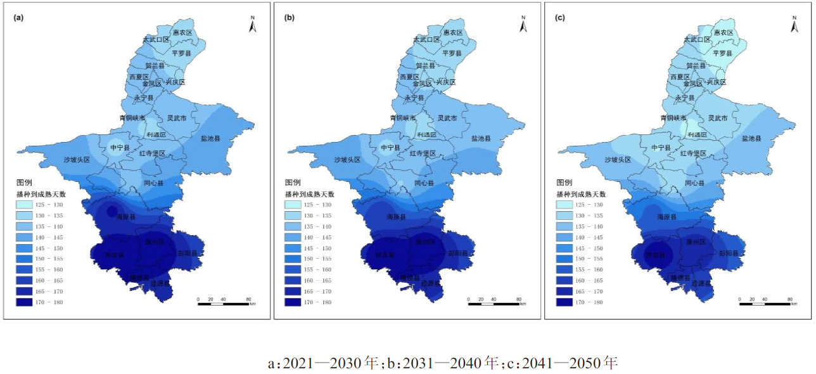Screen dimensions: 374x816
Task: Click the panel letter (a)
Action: [19, 18]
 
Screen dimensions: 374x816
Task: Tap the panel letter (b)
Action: [290, 18]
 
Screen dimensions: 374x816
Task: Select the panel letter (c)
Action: [560, 18]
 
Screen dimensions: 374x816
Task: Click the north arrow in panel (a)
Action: [252, 25]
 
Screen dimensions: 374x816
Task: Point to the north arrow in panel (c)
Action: [793, 25]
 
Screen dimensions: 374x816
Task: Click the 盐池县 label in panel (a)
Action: [211, 138]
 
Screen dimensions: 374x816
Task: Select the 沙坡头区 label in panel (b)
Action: [347, 160]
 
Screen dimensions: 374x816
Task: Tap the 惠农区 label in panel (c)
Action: [724, 32]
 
